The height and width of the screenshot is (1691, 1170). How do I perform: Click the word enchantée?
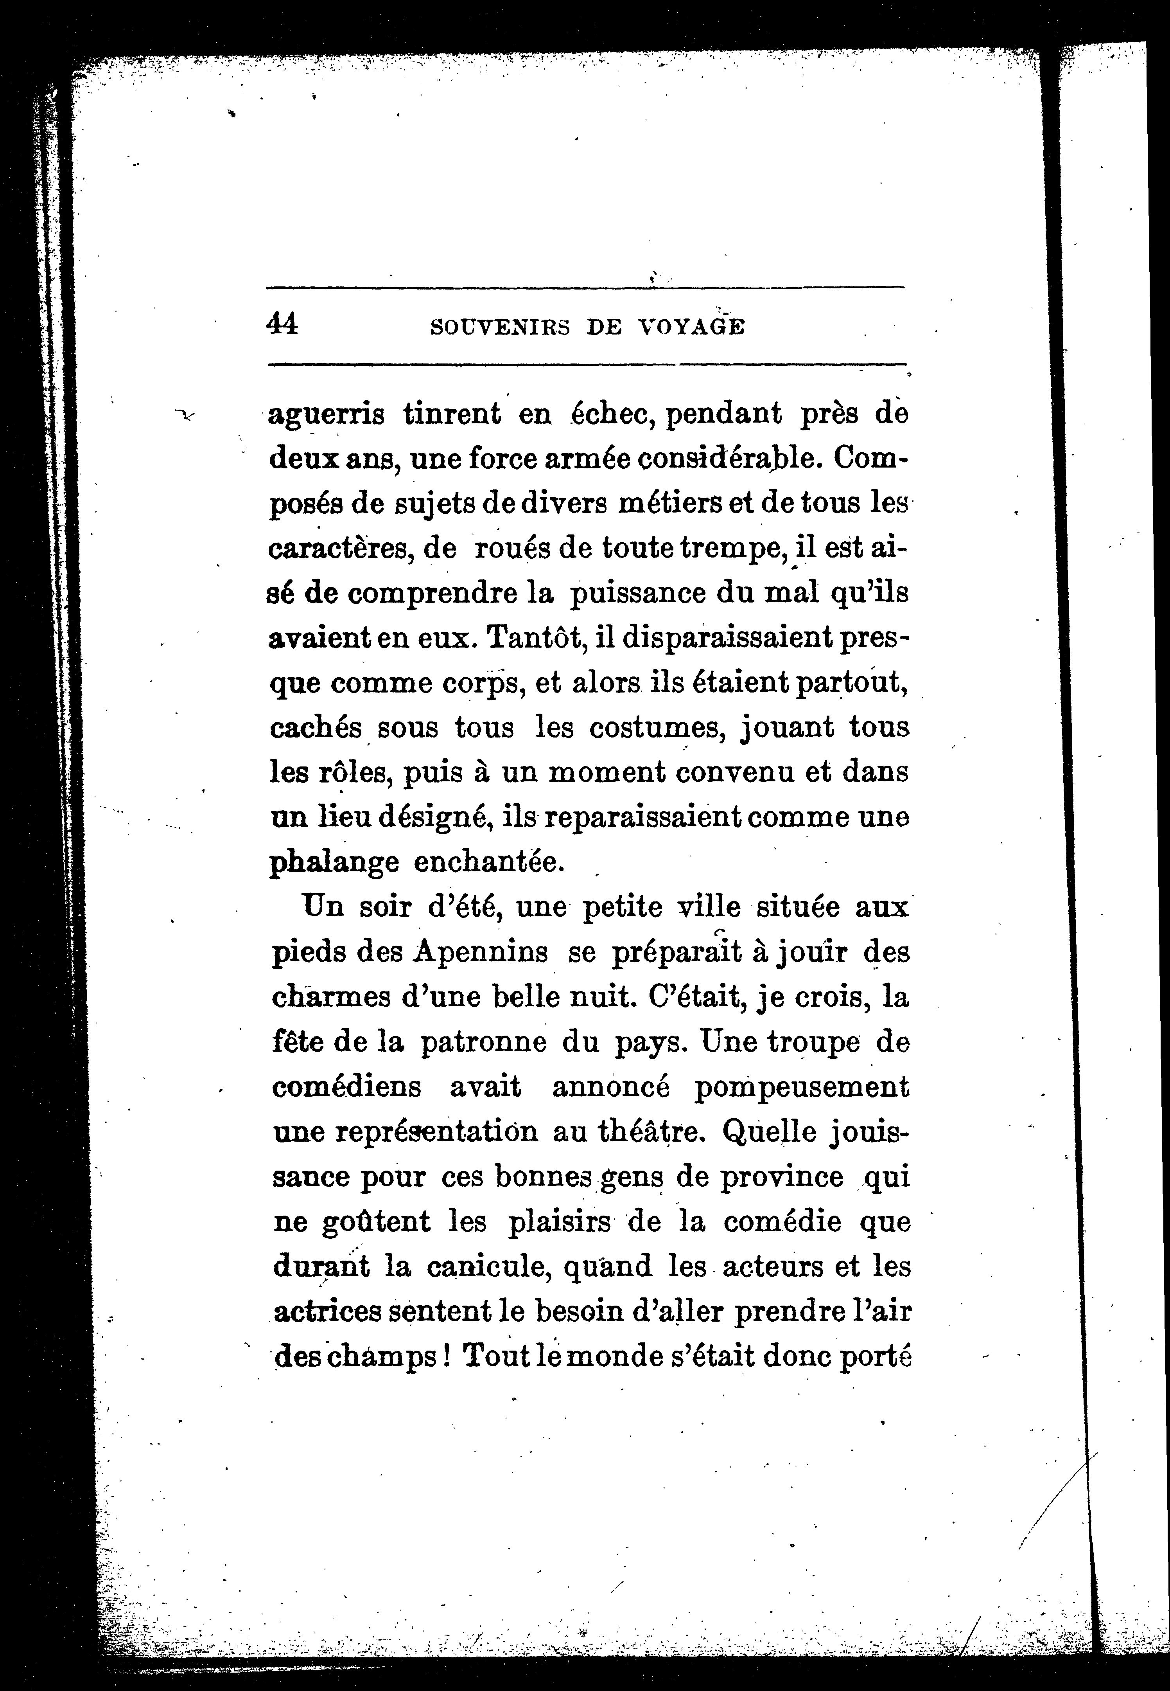(490, 862)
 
